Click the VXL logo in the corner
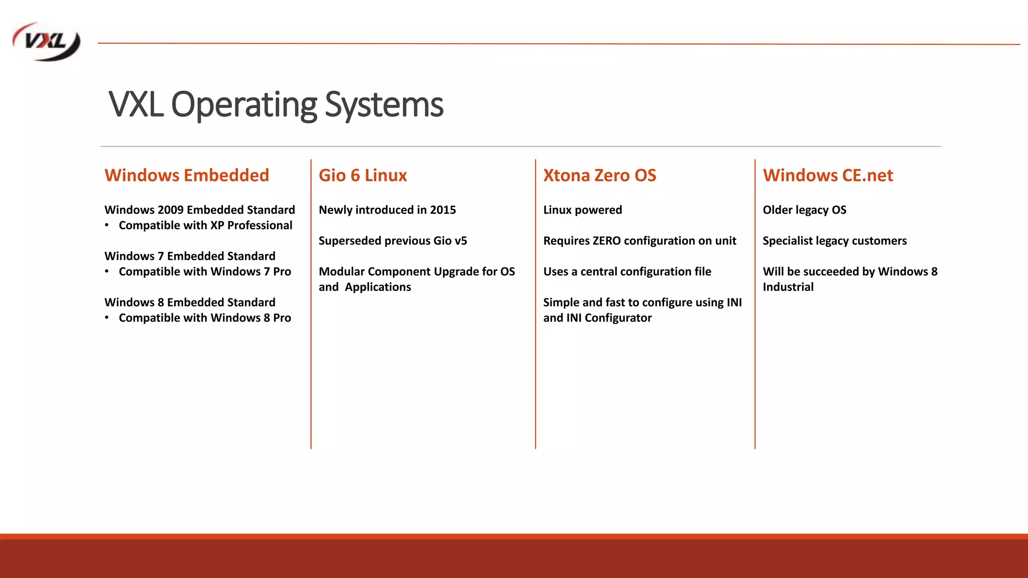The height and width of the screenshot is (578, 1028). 46,42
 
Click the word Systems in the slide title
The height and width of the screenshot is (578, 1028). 383,105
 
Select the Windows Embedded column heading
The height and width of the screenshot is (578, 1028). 187,175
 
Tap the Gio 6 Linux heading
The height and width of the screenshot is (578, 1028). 362,175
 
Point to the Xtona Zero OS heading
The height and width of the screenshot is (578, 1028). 599,175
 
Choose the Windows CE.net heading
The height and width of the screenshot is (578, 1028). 828,175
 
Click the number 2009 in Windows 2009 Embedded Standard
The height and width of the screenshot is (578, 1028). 170,210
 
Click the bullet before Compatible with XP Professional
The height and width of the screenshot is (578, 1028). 107,225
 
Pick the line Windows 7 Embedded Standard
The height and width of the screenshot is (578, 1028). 190,256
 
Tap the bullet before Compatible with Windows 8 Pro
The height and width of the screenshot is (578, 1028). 107,318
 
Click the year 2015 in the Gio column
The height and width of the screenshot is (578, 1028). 443,210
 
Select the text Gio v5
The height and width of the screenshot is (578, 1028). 450,241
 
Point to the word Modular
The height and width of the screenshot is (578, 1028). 341,271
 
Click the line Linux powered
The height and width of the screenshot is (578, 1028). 582,210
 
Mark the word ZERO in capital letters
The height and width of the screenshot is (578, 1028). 606,241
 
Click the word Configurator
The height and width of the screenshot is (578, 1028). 618,318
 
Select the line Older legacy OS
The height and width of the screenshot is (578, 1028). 804,210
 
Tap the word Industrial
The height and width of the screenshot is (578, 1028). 788,287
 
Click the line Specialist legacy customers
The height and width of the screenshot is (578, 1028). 834,241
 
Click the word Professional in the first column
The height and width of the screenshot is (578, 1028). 260,225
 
